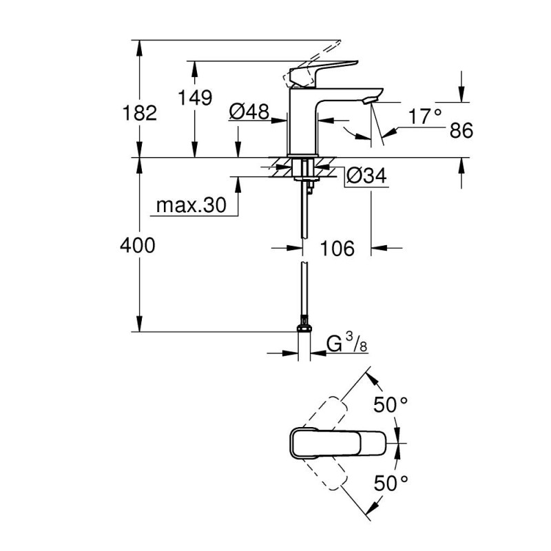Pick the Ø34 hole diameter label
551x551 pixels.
pos(366,177)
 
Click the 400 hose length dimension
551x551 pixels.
pos(138,245)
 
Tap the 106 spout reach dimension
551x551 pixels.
pos(337,248)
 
